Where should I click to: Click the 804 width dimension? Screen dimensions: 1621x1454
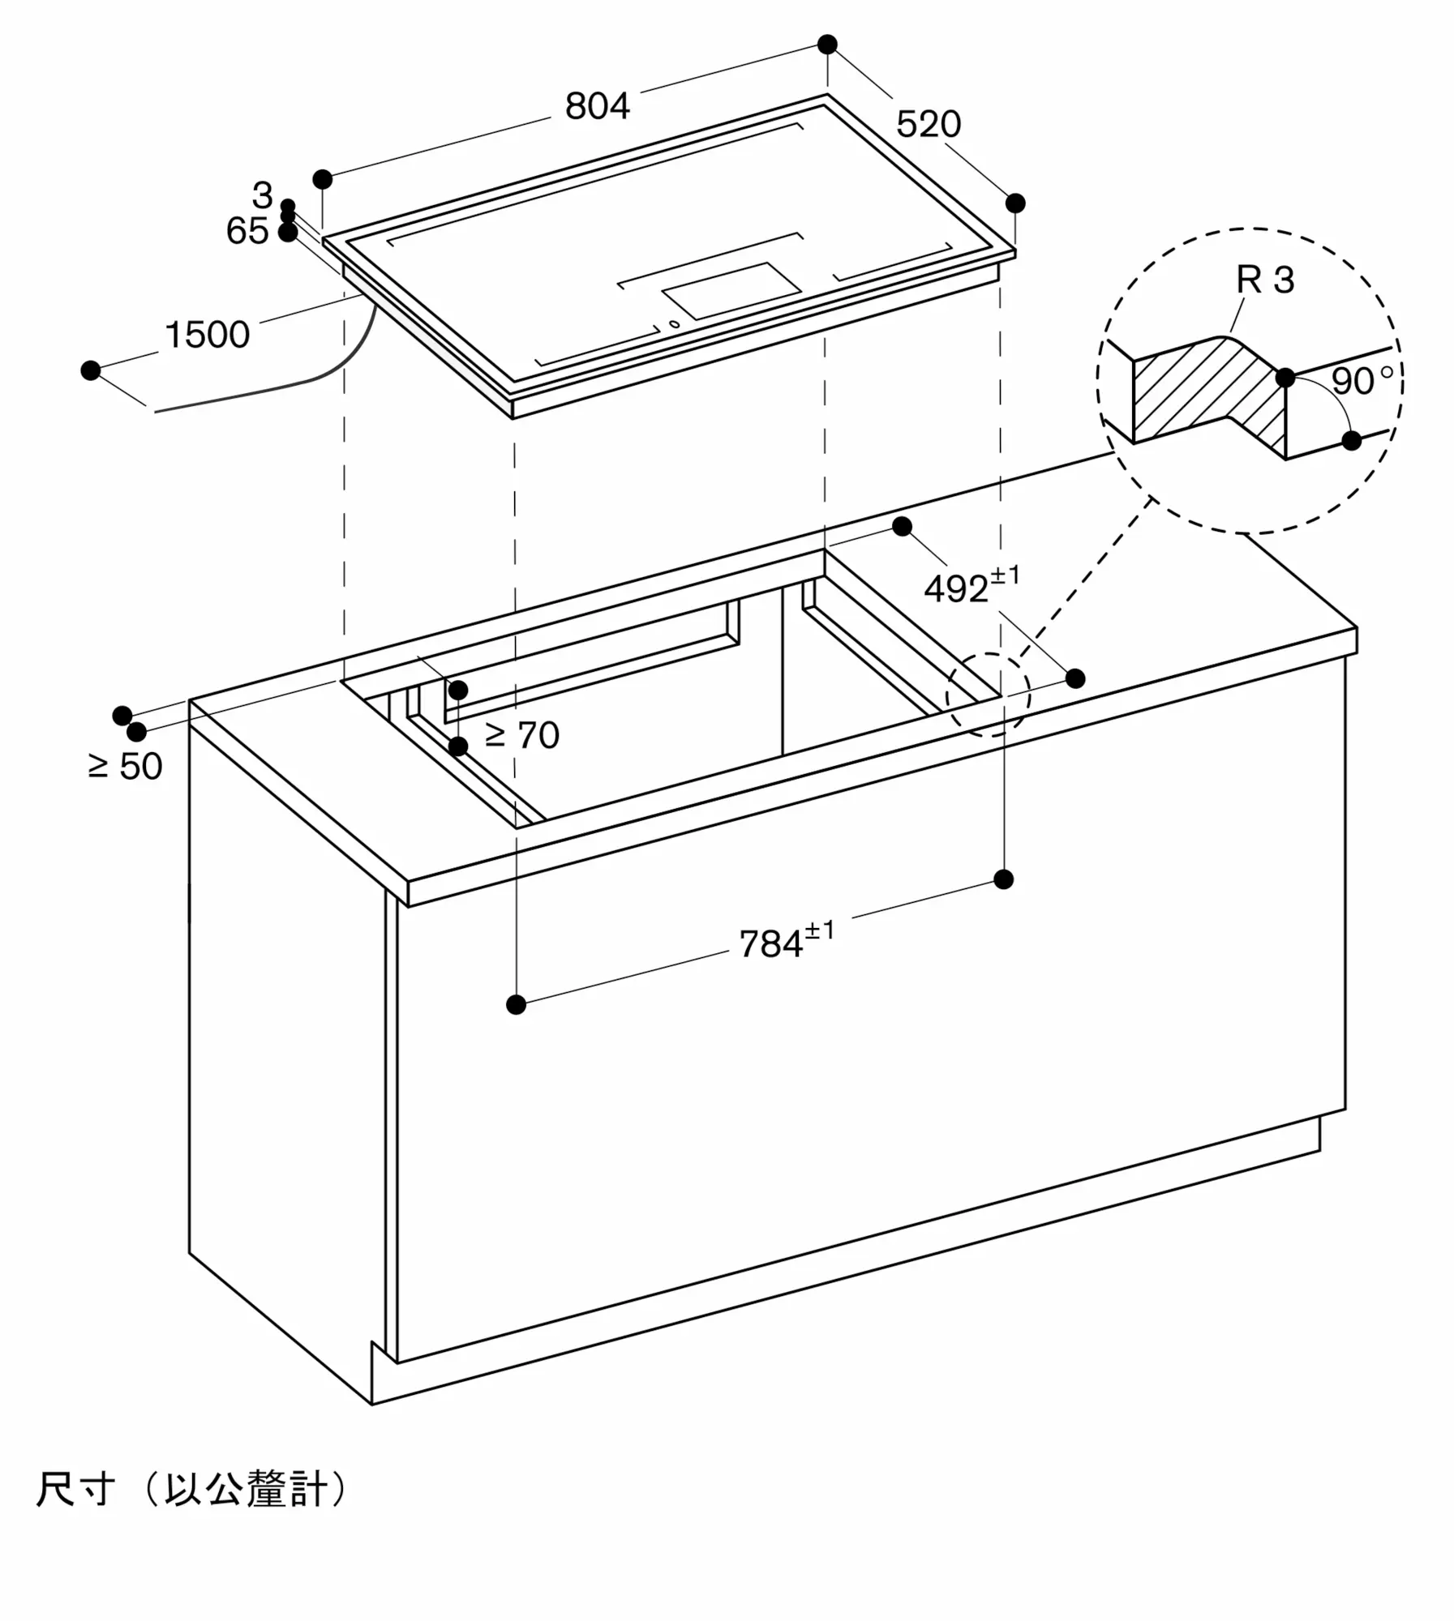coord(597,106)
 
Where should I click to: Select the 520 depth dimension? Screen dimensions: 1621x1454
coord(928,124)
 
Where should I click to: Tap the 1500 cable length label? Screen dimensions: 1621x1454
coord(207,335)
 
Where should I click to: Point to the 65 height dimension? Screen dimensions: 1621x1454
coord(247,231)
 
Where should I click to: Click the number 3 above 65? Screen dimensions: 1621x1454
coord(262,195)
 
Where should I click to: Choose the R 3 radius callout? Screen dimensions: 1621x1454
coord(1264,280)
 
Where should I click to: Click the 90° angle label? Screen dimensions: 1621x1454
coord(1362,381)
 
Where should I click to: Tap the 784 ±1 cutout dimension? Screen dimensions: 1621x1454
coord(785,942)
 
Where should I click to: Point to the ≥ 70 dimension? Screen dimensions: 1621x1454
coord(522,735)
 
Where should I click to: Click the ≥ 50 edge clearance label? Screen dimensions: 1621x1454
coord(125,766)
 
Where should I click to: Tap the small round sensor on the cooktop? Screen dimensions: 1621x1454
coord(674,325)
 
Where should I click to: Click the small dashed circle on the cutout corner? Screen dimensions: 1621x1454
coord(988,695)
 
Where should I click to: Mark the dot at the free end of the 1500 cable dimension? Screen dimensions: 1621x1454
coord(91,370)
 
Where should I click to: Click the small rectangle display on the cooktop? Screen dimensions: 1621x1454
coord(731,290)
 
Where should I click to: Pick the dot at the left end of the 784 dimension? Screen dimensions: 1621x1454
coord(516,1005)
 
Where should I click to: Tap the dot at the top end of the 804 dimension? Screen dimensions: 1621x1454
coord(827,45)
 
